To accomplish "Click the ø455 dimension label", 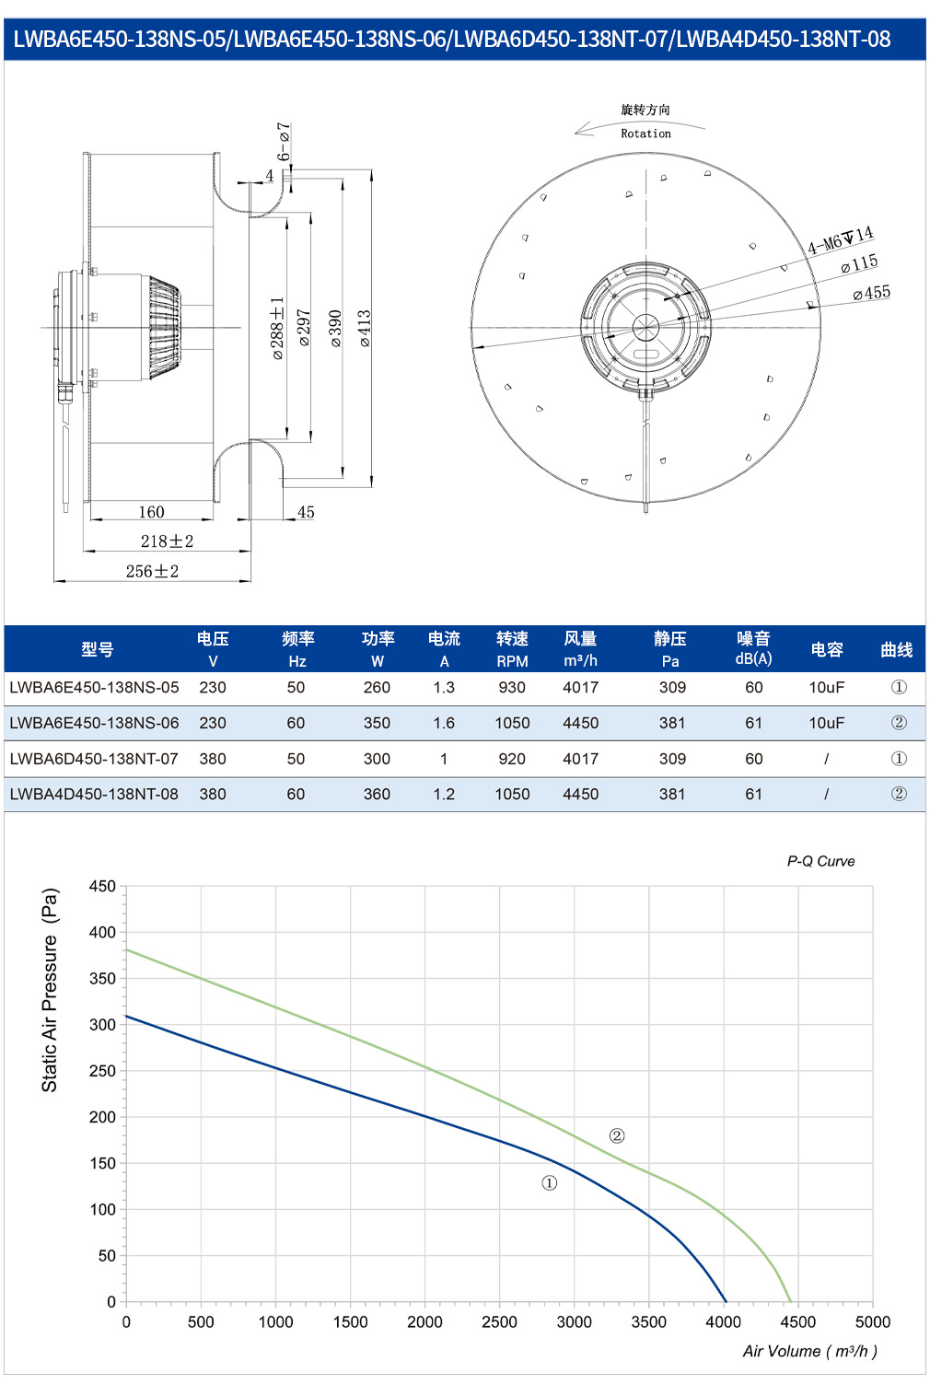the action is click(871, 293).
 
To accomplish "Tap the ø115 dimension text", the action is click(859, 264).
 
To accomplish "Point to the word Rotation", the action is click(645, 134).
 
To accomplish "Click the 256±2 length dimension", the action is click(152, 572).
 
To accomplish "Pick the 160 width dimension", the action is click(151, 512).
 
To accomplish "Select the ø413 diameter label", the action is click(365, 328).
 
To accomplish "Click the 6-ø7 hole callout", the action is click(284, 142).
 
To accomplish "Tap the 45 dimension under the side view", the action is click(306, 512).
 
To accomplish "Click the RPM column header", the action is click(512, 661).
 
